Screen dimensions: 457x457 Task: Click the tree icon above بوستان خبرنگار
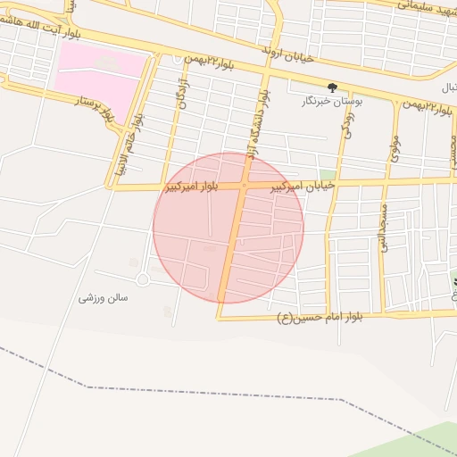[332, 87]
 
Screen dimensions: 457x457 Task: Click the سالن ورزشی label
[104, 297]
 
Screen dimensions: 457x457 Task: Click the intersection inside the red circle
[244, 186]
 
